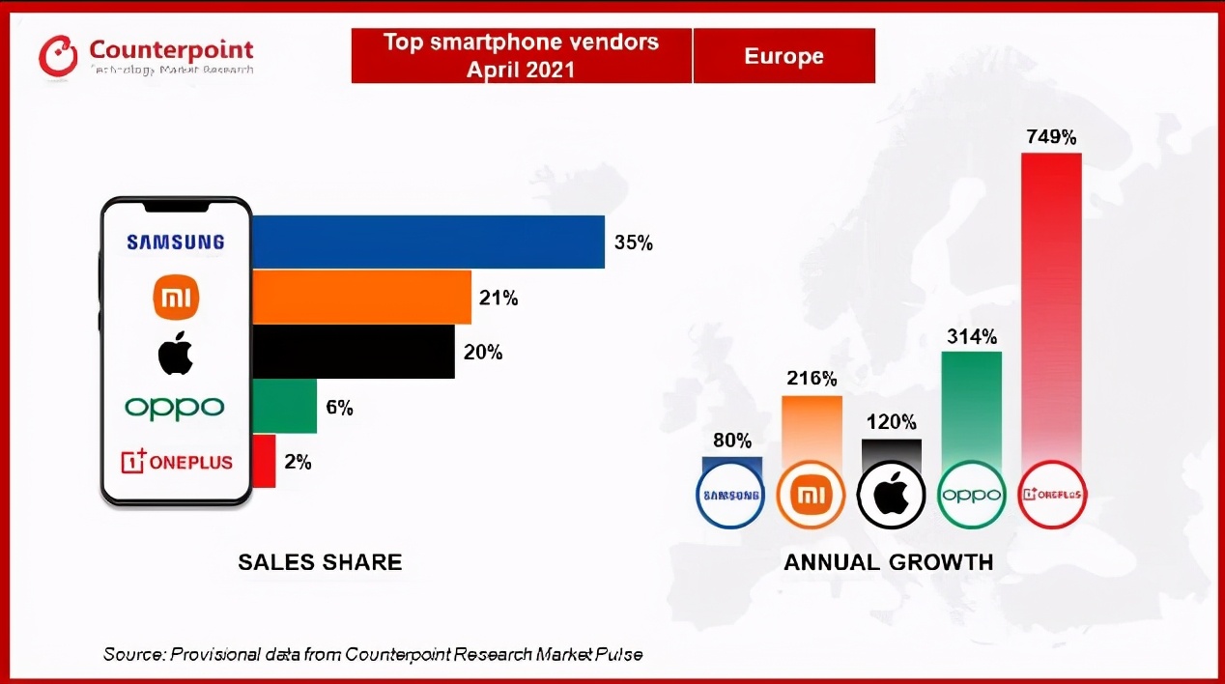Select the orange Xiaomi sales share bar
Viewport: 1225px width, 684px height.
click(x=361, y=298)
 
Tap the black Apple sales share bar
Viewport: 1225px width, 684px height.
click(x=353, y=352)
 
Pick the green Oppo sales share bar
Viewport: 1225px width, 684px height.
click(x=284, y=407)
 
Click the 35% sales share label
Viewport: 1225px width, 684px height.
click(x=634, y=242)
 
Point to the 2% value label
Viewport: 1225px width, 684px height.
click(x=298, y=462)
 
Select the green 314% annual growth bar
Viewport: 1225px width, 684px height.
click(x=971, y=406)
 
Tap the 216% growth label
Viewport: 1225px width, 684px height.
click(x=812, y=378)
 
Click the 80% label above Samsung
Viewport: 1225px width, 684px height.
click(x=732, y=441)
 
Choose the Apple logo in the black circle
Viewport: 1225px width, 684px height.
click(x=891, y=495)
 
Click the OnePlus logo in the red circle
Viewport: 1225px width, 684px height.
click(x=1052, y=495)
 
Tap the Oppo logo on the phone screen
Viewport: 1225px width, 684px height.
click(x=175, y=407)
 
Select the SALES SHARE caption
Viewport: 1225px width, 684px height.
click(x=320, y=562)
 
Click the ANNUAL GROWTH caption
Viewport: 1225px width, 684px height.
click(x=888, y=562)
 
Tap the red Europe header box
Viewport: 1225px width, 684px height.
click(x=783, y=56)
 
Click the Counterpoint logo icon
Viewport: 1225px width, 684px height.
click(x=58, y=56)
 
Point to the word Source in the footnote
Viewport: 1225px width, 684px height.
click(x=133, y=654)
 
